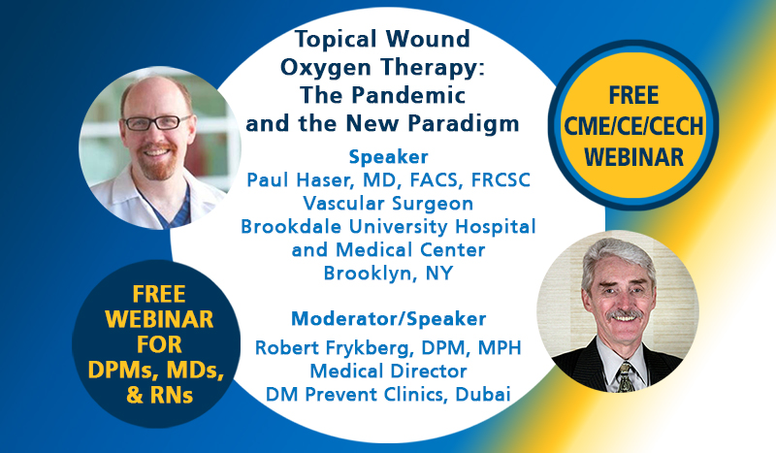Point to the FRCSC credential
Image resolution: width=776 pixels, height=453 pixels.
(x=501, y=180)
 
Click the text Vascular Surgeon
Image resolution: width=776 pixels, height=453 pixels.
(x=389, y=204)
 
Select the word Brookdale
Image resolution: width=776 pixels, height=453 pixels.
(x=291, y=227)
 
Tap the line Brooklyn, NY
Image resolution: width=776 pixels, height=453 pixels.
(x=389, y=274)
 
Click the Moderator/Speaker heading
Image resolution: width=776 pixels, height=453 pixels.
(x=389, y=319)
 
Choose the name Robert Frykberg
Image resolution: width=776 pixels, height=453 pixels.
(x=334, y=348)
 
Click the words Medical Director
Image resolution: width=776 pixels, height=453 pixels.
(x=389, y=372)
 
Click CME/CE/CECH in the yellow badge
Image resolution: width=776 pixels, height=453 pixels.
(x=633, y=126)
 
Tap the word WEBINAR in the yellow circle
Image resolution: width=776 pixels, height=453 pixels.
(x=634, y=157)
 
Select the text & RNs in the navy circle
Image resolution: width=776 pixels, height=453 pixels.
(x=159, y=396)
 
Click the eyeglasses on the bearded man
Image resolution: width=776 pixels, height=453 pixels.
(x=157, y=122)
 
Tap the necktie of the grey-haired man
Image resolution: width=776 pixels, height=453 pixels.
(x=625, y=376)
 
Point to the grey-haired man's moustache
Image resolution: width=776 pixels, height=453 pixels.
(x=625, y=315)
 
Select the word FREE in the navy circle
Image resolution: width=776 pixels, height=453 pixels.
(x=159, y=295)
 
